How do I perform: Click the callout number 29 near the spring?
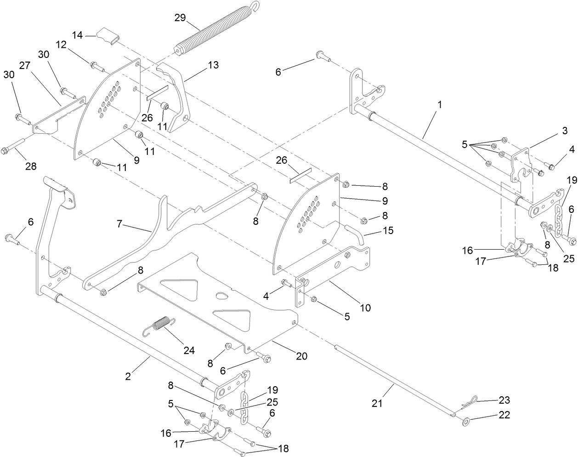[x=180, y=18]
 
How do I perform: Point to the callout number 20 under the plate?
[x=301, y=356]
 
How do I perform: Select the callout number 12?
[x=62, y=45]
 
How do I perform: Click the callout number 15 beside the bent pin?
[x=388, y=230]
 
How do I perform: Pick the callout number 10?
[x=365, y=307]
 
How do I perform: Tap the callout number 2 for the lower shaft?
[x=127, y=376]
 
